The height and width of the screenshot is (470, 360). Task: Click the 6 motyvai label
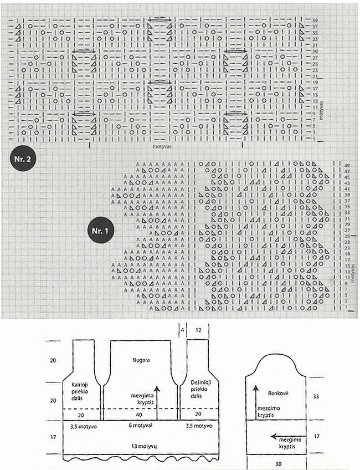(140, 426)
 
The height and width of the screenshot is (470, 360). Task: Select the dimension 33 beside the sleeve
(316, 397)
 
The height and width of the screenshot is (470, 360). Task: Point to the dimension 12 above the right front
(198, 330)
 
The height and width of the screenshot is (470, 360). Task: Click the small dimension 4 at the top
(181, 330)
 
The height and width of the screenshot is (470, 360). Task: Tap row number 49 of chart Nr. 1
(346, 165)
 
